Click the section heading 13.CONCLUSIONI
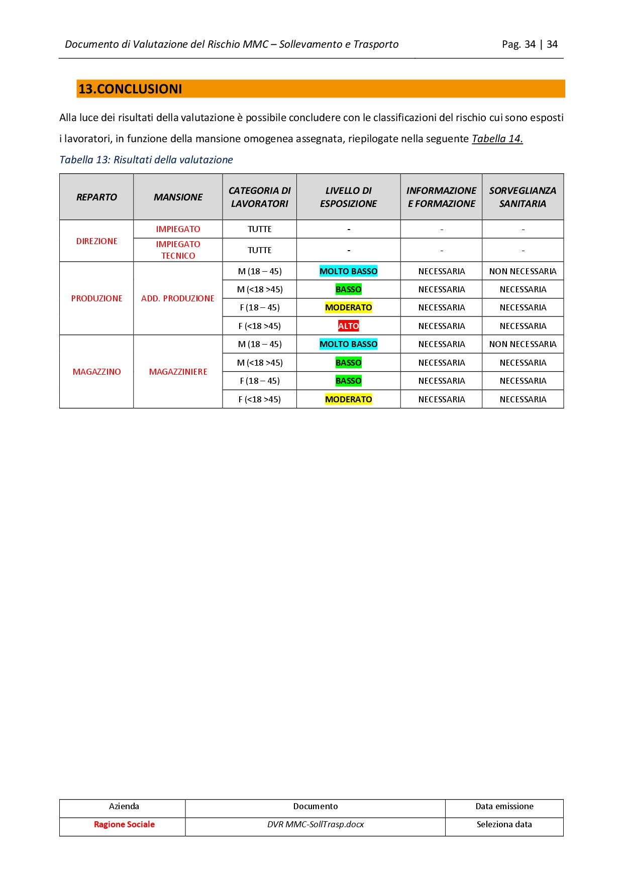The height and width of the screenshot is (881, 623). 130,89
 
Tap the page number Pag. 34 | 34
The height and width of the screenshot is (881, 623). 530,44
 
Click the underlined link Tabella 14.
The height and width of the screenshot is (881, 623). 497,139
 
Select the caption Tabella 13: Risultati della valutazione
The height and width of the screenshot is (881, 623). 146,160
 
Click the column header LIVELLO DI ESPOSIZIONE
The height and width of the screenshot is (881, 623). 348,197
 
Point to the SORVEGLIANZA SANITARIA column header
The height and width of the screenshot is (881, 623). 523,197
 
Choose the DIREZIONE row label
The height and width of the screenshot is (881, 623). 96,241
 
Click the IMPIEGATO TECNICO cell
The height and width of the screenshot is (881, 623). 178,250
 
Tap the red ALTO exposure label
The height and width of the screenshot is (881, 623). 348,326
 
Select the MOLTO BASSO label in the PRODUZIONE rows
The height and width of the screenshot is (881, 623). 348,271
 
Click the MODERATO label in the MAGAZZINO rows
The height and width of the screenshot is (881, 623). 348,399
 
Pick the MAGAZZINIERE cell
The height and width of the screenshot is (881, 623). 178,372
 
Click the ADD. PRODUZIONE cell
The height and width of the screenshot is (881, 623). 178,298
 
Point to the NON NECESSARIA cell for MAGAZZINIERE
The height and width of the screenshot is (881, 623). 523,344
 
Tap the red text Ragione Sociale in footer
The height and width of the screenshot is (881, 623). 124,824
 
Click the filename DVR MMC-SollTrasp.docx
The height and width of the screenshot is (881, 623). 316,824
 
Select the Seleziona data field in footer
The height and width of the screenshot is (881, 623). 504,824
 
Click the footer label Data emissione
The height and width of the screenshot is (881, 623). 504,806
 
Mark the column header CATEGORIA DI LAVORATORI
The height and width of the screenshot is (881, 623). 259,197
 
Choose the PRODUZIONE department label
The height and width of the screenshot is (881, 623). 96,298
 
